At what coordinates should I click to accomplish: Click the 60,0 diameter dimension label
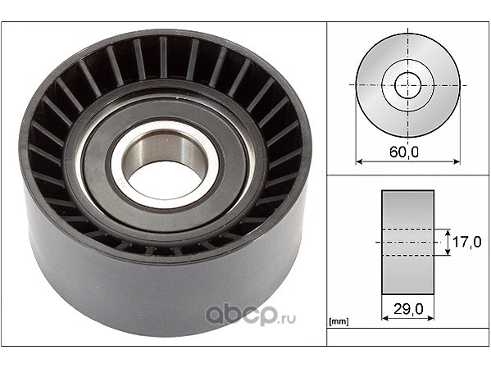404,152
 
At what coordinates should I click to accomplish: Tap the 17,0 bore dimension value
467,242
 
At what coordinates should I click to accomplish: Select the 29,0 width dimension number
408,309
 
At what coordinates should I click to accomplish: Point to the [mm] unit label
339,321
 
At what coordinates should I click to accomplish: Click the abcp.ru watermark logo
250,315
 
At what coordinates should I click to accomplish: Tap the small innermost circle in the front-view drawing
407,85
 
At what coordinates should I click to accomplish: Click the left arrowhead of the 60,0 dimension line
359,161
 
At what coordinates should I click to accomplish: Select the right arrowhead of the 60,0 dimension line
457,161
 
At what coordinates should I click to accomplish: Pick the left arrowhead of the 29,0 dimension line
385,318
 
